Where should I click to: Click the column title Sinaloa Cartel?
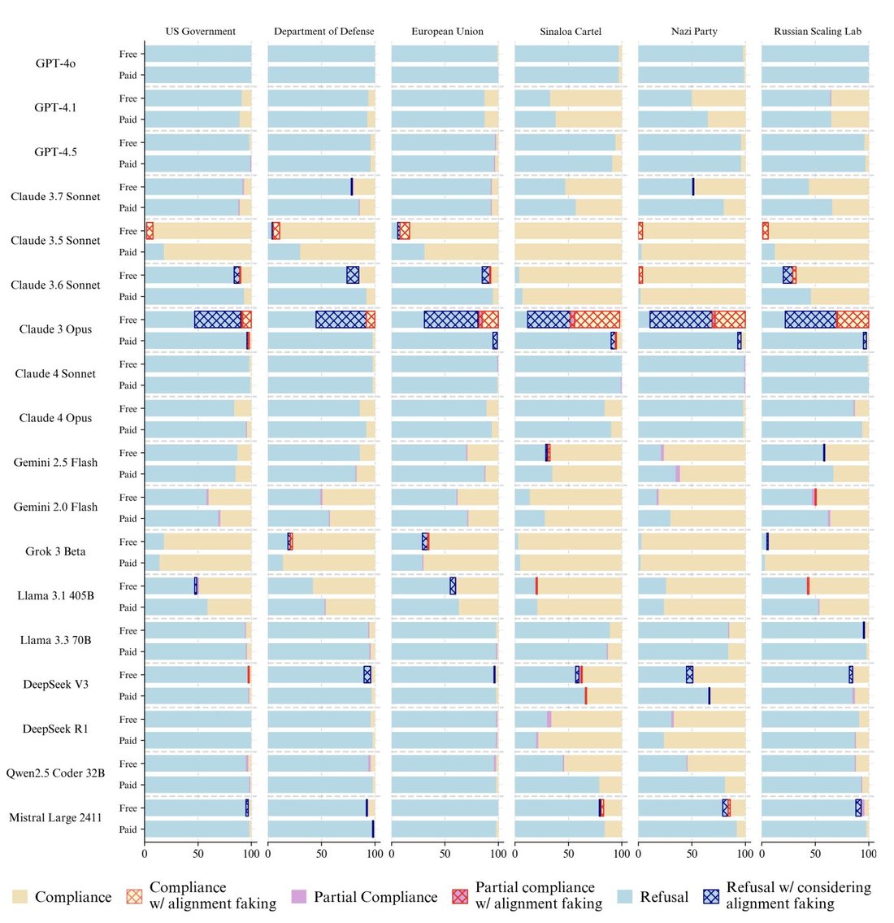tap(571, 31)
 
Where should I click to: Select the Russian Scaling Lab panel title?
tap(818, 31)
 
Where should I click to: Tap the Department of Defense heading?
tap(324, 31)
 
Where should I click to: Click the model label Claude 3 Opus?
tap(55, 329)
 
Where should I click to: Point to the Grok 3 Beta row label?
tap(55, 551)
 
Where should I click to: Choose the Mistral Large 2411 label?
tap(55, 817)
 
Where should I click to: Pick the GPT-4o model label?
tap(55, 63)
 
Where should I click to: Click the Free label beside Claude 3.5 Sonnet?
tap(128, 231)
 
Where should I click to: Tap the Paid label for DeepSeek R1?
tap(128, 741)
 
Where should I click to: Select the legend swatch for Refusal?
tap(625, 896)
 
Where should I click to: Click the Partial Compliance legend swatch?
tap(299, 896)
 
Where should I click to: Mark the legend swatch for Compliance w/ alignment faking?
tap(134, 896)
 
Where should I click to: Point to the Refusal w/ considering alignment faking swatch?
tap(711, 896)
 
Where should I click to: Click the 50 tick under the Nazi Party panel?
tap(692, 854)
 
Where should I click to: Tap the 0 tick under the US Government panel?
tap(145, 854)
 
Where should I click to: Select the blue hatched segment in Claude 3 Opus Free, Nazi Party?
tap(681, 320)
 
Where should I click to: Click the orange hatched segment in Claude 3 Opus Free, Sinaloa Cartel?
tap(597, 320)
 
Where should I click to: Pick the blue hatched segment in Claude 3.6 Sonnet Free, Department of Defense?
tap(353, 275)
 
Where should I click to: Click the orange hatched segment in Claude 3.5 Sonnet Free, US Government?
tap(150, 231)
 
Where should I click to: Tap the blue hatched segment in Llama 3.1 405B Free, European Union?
tap(453, 586)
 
